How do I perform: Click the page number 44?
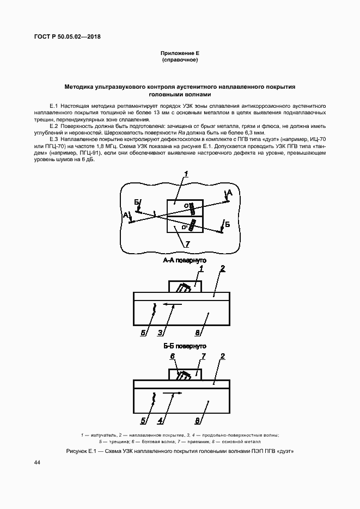[x=37, y=462]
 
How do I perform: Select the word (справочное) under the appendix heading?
[x=180, y=59]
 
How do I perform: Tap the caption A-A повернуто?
[x=185, y=261]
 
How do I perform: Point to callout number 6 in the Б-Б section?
[x=173, y=356]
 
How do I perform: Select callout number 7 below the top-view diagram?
[x=187, y=244]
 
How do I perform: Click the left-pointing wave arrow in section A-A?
[x=173, y=306]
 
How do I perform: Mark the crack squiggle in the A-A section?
[x=155, y=310]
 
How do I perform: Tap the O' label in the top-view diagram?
[x=185, y=225]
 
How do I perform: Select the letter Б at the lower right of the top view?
[x=227, y=224]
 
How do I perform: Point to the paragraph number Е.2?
[x=54, y=126]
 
